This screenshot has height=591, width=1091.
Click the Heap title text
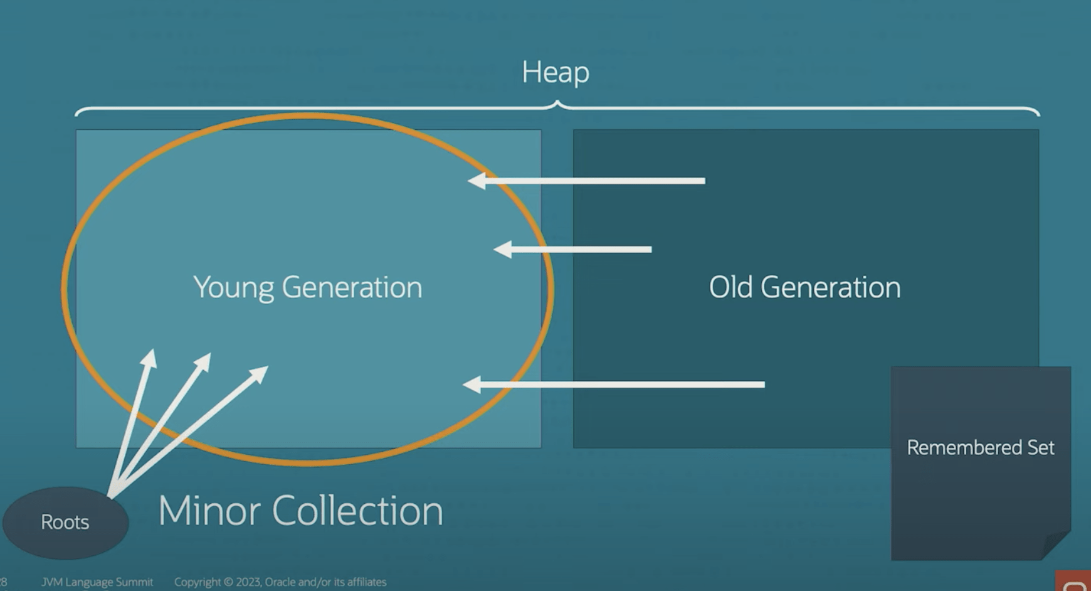point(556,72)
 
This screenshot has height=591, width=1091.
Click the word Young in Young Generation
point(233,288)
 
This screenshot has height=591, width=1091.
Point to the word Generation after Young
point(352,287)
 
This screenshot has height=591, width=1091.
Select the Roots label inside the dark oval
point(65,522)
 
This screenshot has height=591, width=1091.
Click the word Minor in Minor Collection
point(209,511)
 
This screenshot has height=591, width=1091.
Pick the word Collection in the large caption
point(357,511)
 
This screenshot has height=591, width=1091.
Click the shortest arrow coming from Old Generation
point(574,249)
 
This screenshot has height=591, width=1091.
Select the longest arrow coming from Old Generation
point(614,384)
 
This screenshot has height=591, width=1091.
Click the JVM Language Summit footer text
point(97,582)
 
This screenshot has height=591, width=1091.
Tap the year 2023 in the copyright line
point(248,582)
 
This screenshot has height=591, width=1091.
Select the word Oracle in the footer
point(280,582)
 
